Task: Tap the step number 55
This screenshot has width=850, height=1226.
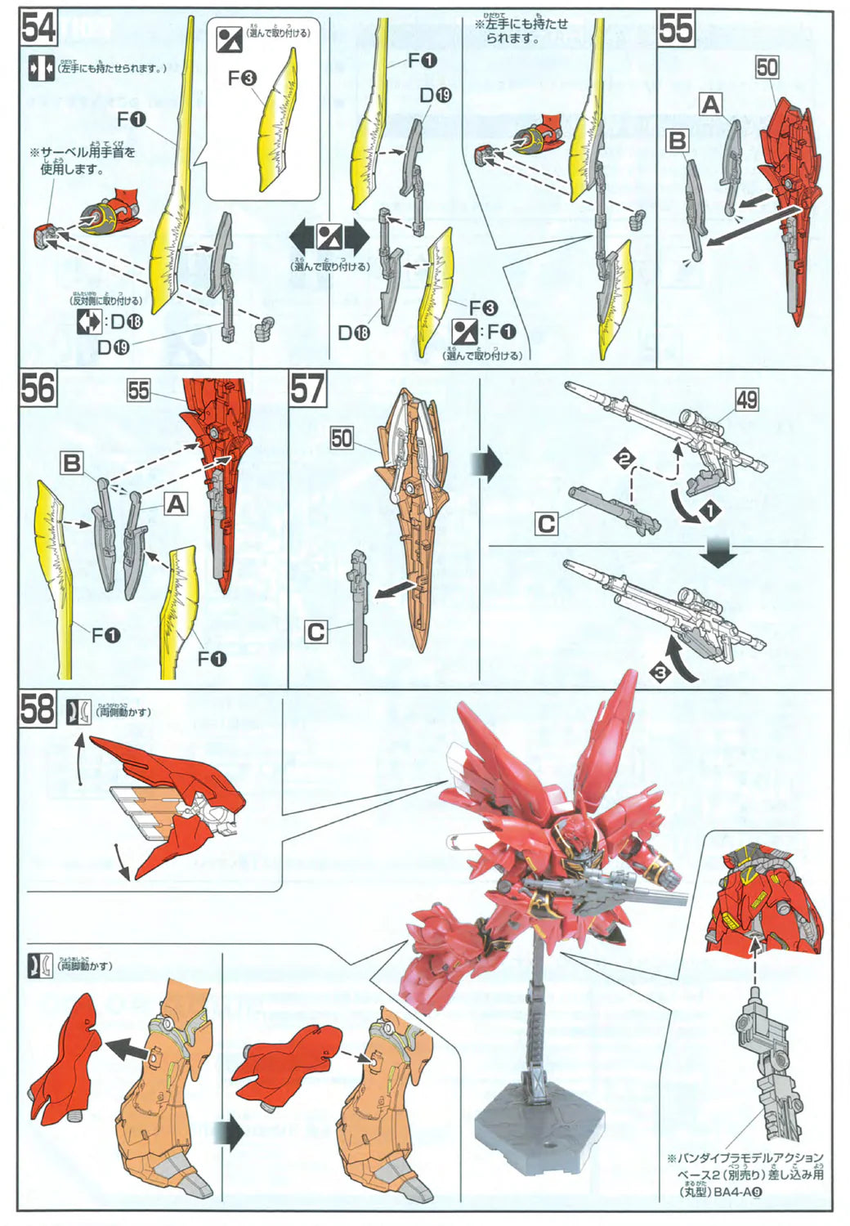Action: tap(676, 29)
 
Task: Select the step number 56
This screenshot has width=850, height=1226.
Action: tap(38, 388)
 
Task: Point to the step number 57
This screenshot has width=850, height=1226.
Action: tap(307, 388)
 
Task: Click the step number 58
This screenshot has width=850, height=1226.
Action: tap(38, 709)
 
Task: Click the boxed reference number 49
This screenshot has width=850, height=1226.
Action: tap(746, 400)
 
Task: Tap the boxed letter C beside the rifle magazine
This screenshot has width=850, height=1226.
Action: tap(547, 524)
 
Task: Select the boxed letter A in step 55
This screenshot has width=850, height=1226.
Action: tap(710, 105)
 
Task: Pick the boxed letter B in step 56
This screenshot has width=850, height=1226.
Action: tap(72, 463)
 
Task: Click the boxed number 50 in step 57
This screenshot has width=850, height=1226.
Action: tap(342, 438)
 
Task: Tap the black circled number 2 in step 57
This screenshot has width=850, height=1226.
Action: tap(624, 459)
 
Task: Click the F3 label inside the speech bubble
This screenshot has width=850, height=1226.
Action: tap(242, 78)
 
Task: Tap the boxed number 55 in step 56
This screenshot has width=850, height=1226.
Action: tap(138, 391)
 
